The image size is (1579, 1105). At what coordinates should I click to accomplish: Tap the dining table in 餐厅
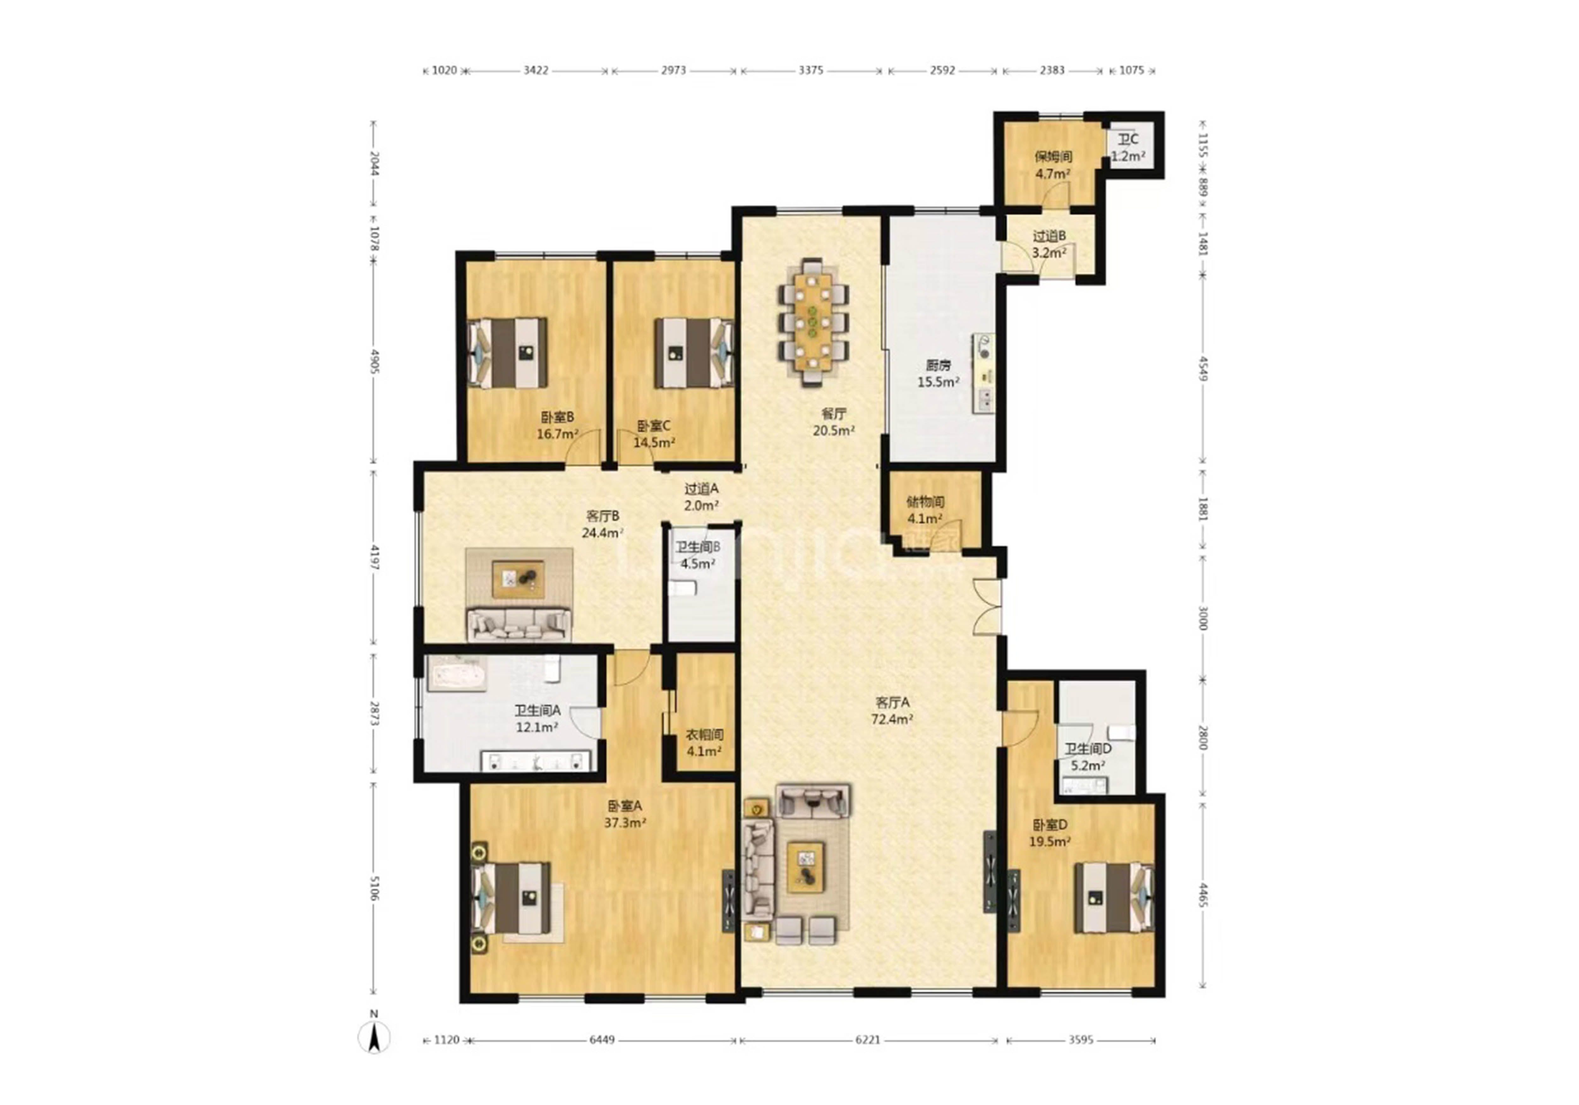coord(813,321)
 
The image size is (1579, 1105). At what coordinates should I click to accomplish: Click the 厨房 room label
coord(938,365)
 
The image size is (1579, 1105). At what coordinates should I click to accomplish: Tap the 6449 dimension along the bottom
coord(602,1040)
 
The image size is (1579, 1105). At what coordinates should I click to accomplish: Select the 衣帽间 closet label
coord(705,734)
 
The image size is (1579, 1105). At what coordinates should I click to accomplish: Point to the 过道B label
coord(1049,236)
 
